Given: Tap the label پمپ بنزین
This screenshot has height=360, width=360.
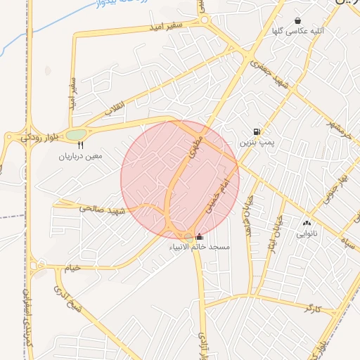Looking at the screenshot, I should [255, 142].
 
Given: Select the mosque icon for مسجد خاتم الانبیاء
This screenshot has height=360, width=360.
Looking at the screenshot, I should [199, 238].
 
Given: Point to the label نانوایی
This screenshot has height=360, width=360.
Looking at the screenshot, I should [307, 233].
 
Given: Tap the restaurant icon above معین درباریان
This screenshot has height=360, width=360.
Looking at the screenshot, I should [79, 145].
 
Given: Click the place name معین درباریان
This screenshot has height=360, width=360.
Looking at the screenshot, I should [81, 155].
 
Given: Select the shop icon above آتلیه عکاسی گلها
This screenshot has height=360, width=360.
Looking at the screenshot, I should [298, 21].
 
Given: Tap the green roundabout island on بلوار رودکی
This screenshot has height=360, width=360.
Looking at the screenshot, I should [76, 134].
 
